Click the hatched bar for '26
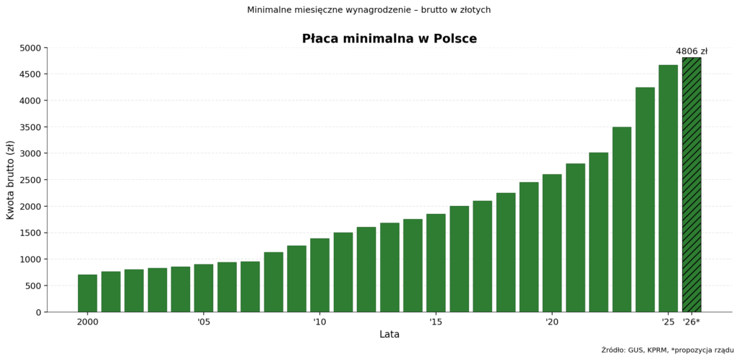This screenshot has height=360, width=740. click(692, 185)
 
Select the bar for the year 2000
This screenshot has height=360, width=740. click(87, 293)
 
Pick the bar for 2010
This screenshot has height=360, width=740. click(319, 275)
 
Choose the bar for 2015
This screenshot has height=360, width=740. click(436, 263)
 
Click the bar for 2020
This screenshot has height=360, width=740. click(552, 243)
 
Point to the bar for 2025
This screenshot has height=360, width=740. click(668, 189)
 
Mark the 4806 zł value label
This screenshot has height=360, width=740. click(692, 51)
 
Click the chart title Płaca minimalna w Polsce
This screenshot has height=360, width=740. click(390, 39)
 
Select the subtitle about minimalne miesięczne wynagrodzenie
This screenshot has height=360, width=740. click(369, 10)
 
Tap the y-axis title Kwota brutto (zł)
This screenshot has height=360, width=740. click(11, 180)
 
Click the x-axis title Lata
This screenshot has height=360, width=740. click(390, 335)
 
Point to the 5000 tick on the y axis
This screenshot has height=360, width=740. click(30, 48)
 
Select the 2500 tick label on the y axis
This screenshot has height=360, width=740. click(30, 180)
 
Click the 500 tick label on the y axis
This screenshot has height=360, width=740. click(33, 286)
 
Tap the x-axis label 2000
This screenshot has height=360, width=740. click(87, 322)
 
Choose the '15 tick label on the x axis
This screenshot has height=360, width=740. click(436, 322)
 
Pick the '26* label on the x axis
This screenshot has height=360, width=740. click(692, 322)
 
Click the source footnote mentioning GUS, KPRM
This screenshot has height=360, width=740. click(667, 350)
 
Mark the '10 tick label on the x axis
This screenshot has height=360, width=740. click(319, 322)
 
